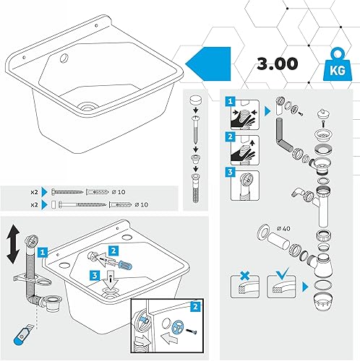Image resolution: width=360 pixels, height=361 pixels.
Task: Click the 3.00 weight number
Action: pyautogui.click(x=278, y=64)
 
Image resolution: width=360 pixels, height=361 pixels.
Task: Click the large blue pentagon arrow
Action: pyautogui.click(x=208, y=64)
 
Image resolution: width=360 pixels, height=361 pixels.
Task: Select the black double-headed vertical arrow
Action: pyautogui.click(x=13, y=244)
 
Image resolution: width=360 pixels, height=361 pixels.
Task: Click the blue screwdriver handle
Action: pyautogui.click(x=125, y=266)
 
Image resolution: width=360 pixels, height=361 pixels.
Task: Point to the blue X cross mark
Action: pyautogui.click(x=245, y=276)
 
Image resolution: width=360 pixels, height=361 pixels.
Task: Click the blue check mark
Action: pyautogui.click(x=282, y=274)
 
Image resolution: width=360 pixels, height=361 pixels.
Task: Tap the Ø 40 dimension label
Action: pyautogui.click(x=283, y=228)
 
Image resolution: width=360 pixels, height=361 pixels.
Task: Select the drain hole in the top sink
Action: pyautogui.click(x=88, y=106)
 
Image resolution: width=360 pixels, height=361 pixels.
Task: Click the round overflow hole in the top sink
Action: pyautogui.click(x=64, y=58)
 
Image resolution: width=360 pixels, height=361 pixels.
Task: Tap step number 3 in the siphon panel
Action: pyautogui.click(x=230, y=172)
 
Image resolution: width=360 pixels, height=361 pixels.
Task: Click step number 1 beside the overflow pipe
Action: pyautogui.click(x=43, y=252)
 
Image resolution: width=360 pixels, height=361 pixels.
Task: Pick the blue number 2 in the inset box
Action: pyautogui.click(x=195, y=306)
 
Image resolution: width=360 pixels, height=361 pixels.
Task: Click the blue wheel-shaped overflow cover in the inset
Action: pyautogui.click(x=178, y=326)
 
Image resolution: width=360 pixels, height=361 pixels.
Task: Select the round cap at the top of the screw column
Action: pyautogui.click(x=195, y=100)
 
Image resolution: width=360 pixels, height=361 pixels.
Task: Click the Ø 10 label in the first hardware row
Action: pyautogui.click(x=119, y=192)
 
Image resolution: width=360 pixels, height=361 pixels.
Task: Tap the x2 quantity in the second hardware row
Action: pyautogui.click(x=34, y=204)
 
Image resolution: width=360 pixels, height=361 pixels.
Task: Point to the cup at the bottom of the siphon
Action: pyautogui.click(x=323, y=301)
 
